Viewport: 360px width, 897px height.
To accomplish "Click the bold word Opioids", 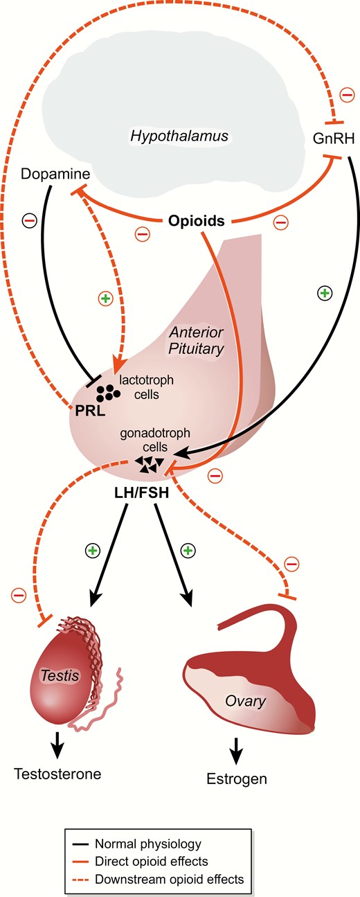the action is (x=196, y=221).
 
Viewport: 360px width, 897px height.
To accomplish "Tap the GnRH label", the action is (x=334, y=139).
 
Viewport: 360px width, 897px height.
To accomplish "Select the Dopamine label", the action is (x=55, y=174).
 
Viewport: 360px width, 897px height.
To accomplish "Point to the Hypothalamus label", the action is (x=179, y=136).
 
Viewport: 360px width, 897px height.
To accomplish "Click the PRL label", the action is (x=90, y=411).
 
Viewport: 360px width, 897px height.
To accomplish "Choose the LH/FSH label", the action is (x=142, y=492).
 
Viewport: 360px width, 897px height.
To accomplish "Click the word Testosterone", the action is (x=57, y=774).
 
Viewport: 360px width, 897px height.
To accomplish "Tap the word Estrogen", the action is (x=237, y=779).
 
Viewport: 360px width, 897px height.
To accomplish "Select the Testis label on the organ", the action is (x=60, y=675).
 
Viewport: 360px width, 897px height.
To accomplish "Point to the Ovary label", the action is (x=246, y=701).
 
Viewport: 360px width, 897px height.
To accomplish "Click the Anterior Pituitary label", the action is (x=196, y=340).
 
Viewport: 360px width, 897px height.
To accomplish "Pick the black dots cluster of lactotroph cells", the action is (x=108, y=393).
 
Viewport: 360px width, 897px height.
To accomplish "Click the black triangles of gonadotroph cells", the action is (x=149, y=464).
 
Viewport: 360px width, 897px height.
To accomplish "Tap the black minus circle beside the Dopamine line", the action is (x=30, y=220).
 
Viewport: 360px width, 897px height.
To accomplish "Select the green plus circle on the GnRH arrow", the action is (x=325, y=294).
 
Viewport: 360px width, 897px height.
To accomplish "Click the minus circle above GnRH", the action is (x=347, y=95).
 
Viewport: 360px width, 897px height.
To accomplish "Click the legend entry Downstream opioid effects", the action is (x=158, y=879).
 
